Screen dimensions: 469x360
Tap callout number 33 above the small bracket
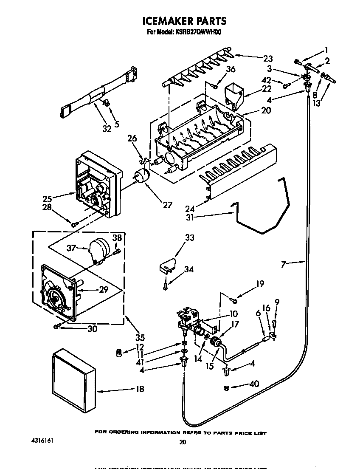coord(189,237)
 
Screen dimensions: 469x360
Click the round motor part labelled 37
coord(100,249)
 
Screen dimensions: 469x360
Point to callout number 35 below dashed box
coord(140,338)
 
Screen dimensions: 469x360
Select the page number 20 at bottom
coord(183,442)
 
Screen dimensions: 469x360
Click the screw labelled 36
coord(216,87)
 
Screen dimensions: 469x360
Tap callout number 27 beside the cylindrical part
coord(167,205)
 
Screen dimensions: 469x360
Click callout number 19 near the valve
coord(260,284)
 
